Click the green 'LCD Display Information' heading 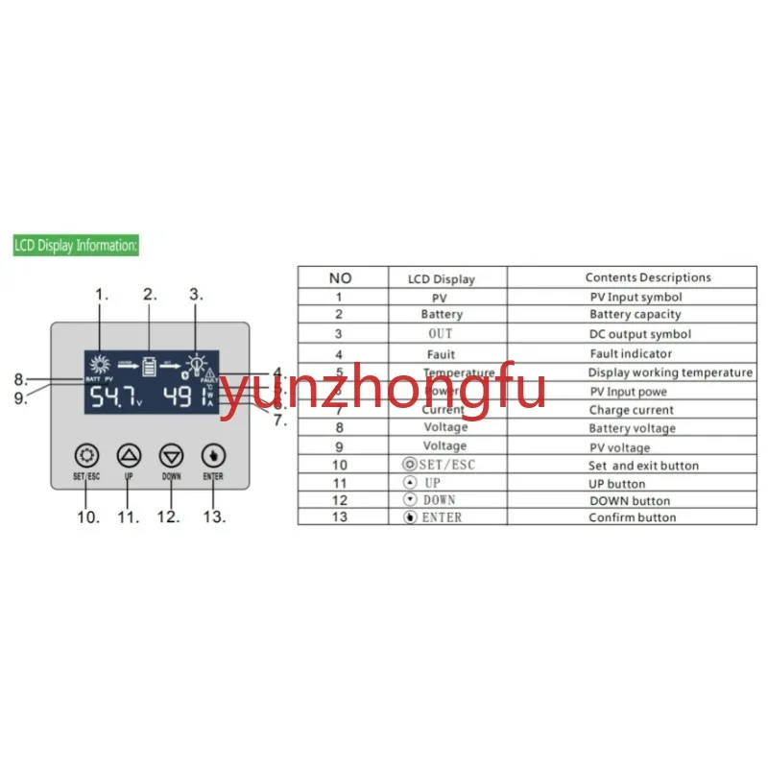(x=77, y=246)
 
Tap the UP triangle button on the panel (x=129, y=454)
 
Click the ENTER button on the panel (x=213, y=454)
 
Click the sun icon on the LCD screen (x=97, y=364)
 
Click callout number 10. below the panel (x=88, y=517)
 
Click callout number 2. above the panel (x=150, y=295)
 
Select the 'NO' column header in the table (x=341, y=278)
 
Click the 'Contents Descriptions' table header (x=648, y=277)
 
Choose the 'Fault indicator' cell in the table (x=631, y=353)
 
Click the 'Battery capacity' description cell (x=636, y=314)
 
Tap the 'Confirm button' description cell (x=632, y=517)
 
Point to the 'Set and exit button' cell (x=643, y=466)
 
